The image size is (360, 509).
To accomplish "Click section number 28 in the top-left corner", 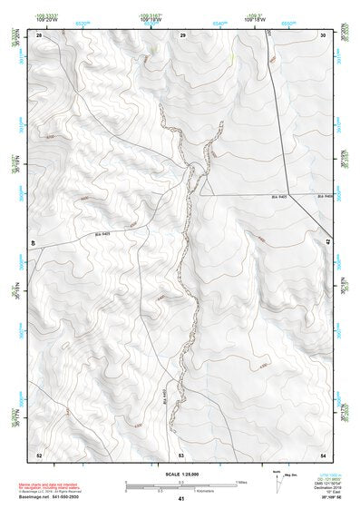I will (x=39, y=34).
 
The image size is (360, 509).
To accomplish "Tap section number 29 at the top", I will (x=182, y=34).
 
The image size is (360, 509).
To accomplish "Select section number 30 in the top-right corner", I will (x=324, y=34).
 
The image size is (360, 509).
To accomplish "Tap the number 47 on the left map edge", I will (x=33, y=243).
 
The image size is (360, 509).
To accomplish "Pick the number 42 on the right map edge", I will (x=328, y=243).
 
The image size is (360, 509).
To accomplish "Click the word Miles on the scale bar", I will (x=241, y=482).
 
